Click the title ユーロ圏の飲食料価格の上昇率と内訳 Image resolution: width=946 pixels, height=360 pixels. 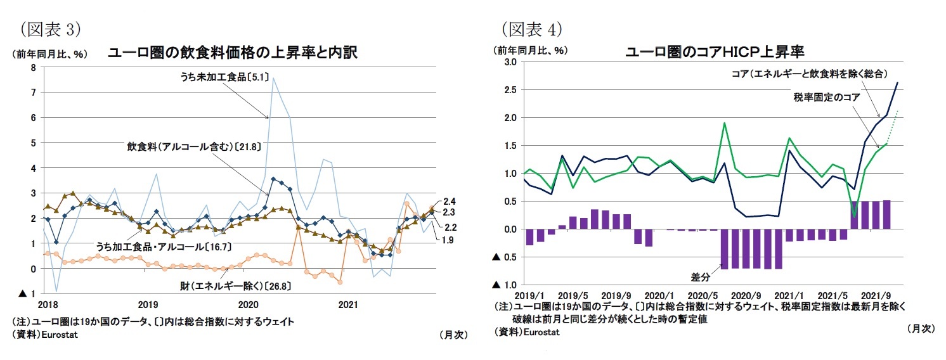(x=233, y=53)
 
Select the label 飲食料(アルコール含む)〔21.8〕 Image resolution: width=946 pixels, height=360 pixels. (x=193, y=146)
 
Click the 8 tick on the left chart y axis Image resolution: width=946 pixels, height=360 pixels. (x=33, y=68)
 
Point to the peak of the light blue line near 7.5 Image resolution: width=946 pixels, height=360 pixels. (x=273, y=79)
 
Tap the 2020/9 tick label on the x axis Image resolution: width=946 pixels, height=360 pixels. (x=746, y=295)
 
